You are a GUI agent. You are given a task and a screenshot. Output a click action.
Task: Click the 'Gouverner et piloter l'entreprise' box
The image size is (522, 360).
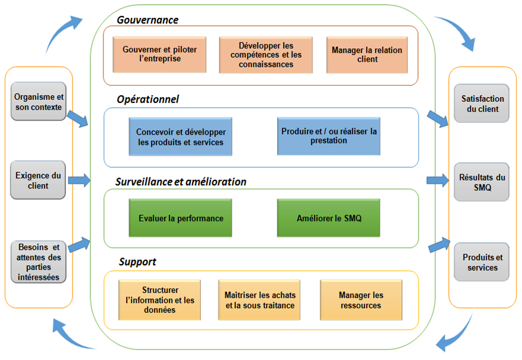click(159, 55)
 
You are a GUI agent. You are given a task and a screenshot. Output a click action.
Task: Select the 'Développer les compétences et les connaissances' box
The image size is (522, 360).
click(266, 55)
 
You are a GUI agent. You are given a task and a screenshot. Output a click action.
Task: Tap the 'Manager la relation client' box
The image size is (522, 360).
click(367, 55)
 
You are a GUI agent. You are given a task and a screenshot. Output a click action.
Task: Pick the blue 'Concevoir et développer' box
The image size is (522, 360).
click(180, 137)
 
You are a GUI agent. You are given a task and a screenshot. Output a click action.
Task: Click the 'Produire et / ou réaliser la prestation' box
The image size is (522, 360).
click(329, 136)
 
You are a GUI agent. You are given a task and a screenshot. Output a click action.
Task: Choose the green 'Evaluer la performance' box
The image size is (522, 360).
click(180, 218)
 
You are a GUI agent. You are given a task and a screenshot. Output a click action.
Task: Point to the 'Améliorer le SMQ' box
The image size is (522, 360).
click(329, 218)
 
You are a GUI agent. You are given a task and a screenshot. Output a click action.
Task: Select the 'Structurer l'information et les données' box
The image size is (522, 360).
click(160, 300)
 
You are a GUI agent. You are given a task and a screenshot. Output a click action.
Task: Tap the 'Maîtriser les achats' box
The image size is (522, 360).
click(259, 300)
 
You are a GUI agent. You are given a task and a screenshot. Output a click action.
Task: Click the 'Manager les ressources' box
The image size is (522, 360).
click(361, 300)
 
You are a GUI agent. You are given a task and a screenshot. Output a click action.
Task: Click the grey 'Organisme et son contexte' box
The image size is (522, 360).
click(39, 101)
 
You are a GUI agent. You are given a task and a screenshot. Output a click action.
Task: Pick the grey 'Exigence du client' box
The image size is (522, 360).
click(38, 180)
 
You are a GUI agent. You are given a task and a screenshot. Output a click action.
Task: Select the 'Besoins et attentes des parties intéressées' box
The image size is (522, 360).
click(39, 262)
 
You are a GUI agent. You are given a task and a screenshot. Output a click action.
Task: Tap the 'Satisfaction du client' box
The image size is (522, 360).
click(482, 104)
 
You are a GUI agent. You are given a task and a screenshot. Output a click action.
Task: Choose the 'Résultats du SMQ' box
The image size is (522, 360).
click(482, 182)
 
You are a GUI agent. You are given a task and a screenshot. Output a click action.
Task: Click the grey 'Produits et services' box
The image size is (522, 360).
click(482, 262)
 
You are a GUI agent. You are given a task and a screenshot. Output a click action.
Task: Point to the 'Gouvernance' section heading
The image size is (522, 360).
click(147, 20)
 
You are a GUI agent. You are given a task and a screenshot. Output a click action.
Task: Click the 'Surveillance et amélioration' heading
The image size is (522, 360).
click(181, 181)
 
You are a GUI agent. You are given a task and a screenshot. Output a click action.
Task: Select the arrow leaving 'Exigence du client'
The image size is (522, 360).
click(79, 180)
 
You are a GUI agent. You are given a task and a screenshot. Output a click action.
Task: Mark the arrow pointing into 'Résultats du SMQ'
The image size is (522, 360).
click(438, 180)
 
